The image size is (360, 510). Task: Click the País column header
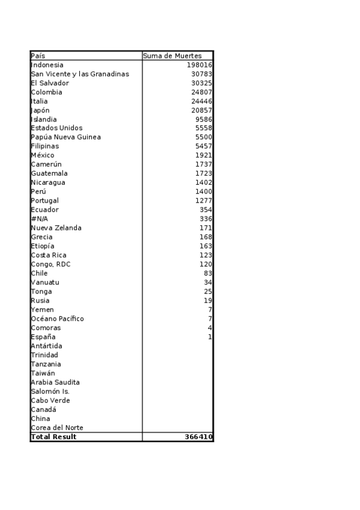(38, 56)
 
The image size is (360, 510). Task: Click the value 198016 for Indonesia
(200, 65)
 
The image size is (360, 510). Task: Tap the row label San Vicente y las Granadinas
(79, 74)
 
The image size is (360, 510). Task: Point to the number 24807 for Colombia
(202, 92)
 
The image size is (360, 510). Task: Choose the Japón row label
(40, 110)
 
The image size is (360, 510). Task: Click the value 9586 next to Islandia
(204, 119)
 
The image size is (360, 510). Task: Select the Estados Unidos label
(56, 128)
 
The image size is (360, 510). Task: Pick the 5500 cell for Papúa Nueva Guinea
(204, 137)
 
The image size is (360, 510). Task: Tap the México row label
(42, 155)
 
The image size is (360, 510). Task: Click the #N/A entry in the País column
(39, 219)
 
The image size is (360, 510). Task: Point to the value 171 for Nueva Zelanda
(206, 228)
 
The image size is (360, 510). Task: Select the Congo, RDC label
(50, 264)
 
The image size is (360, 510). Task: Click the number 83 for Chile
(208, 273)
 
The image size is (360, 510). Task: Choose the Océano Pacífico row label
(57, 319)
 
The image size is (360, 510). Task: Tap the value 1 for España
(210, 337)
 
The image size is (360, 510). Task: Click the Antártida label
(46, 346)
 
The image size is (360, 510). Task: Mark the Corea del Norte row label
(56, 428)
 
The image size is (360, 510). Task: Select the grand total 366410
(198, 437)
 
